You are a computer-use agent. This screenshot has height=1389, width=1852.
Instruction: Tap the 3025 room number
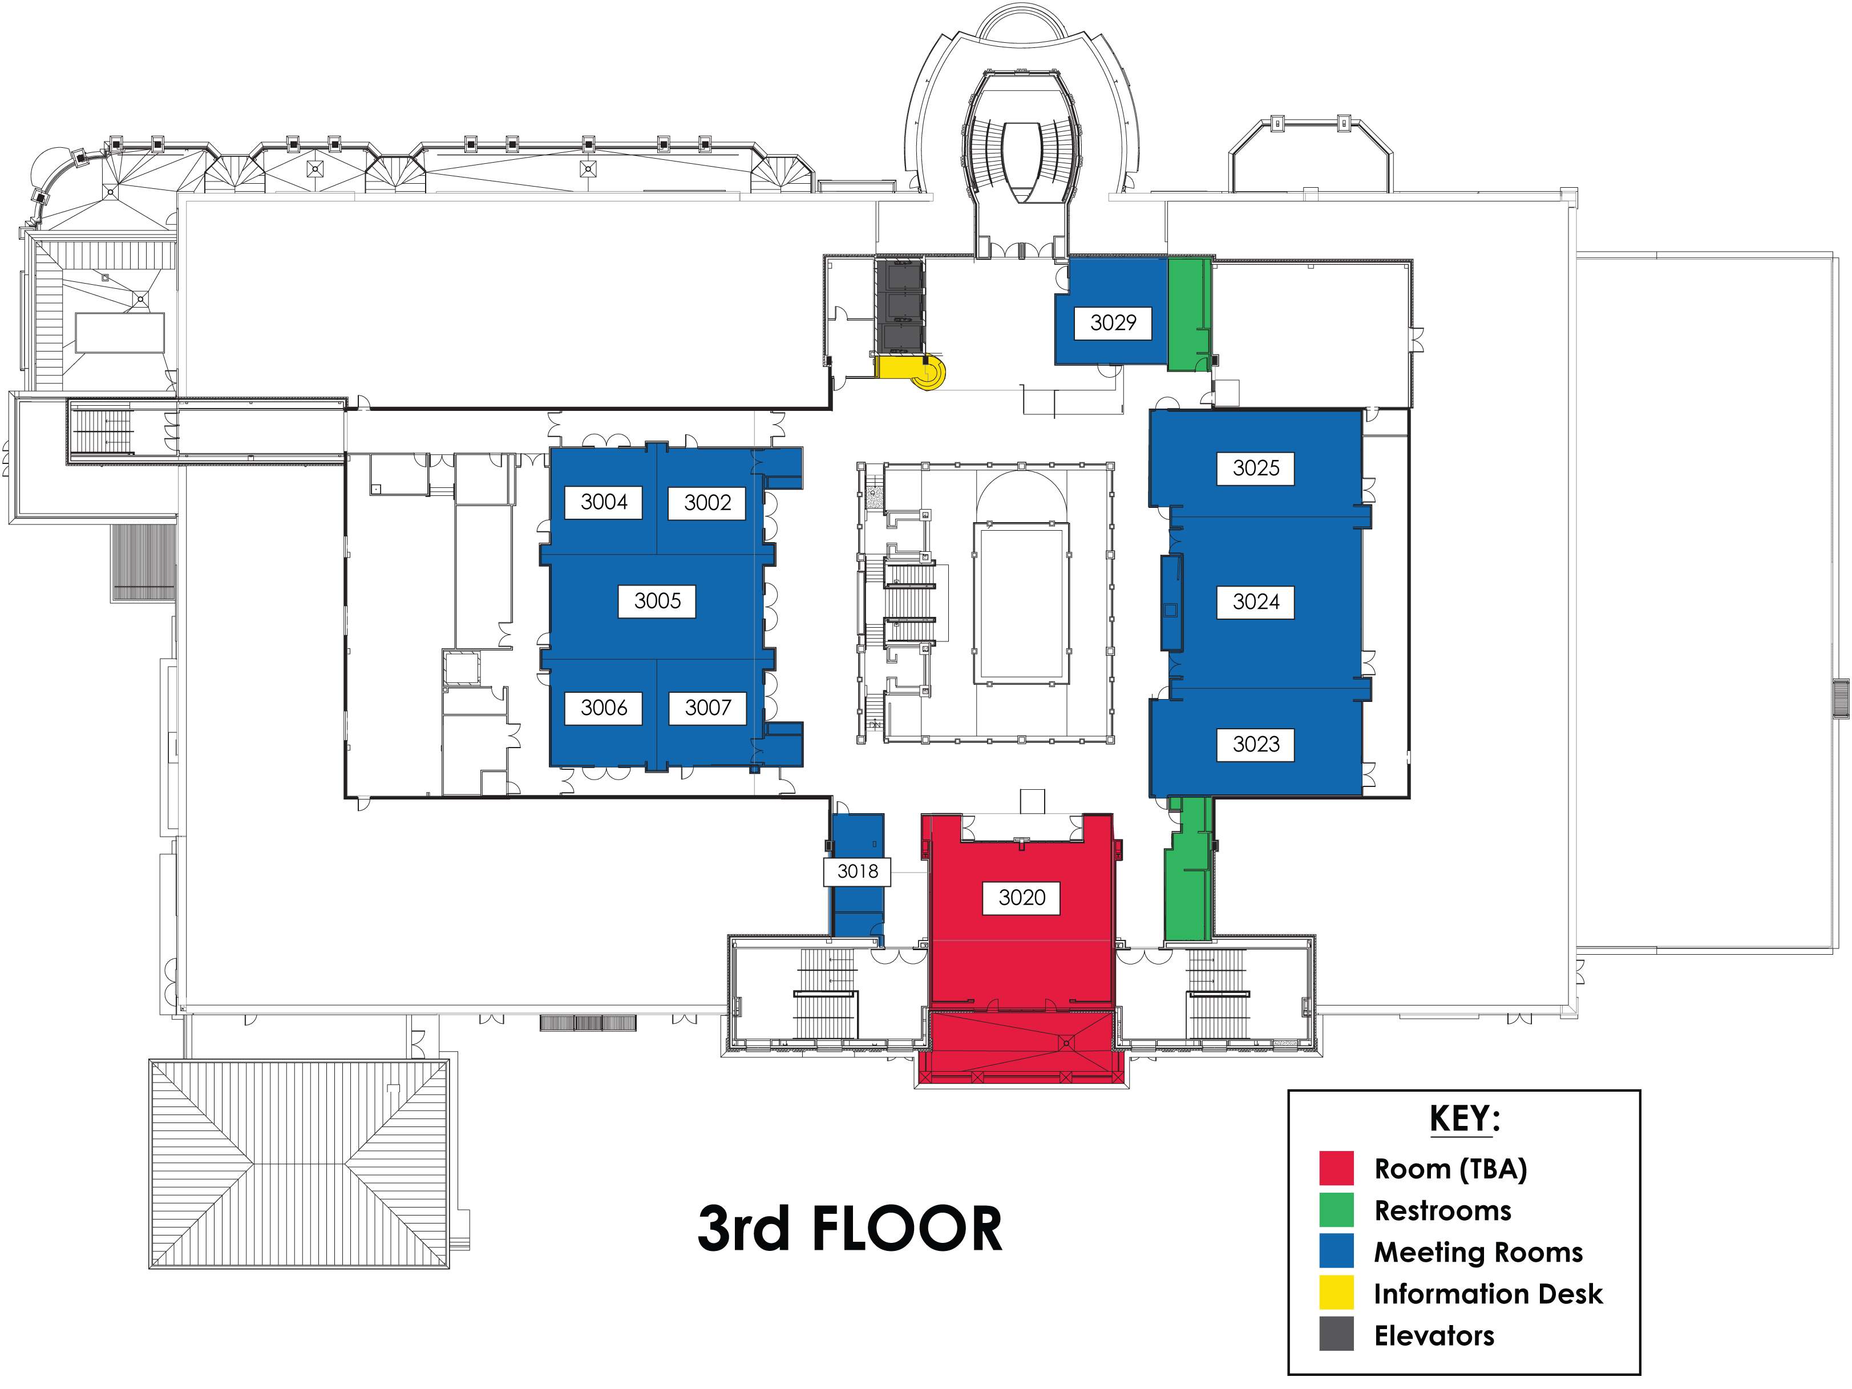[1256, 468]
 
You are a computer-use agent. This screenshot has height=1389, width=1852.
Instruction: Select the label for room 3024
[1256, 602]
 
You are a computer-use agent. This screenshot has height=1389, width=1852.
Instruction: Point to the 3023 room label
[1256, 744]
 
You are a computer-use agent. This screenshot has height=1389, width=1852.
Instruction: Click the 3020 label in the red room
[1021, 898]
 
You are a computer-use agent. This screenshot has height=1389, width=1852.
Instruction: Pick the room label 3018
[858, 871]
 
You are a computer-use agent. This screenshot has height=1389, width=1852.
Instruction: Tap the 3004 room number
[604, 502]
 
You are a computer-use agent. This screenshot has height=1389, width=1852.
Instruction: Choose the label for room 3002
[707, 503]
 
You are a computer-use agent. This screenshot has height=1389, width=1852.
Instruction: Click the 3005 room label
[657, 601]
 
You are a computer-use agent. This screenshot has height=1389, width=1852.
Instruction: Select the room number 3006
[604, 708]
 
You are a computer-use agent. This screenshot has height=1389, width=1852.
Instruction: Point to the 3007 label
[707, 708]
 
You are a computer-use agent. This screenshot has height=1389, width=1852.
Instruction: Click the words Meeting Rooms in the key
[1479, 1253]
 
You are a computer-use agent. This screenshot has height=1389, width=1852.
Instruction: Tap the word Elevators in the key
[1434, 1335]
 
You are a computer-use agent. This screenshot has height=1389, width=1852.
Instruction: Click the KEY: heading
[1465, 1119]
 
